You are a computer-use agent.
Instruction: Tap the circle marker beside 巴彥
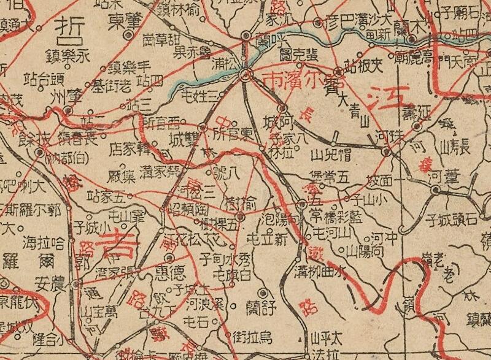point(318,23)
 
